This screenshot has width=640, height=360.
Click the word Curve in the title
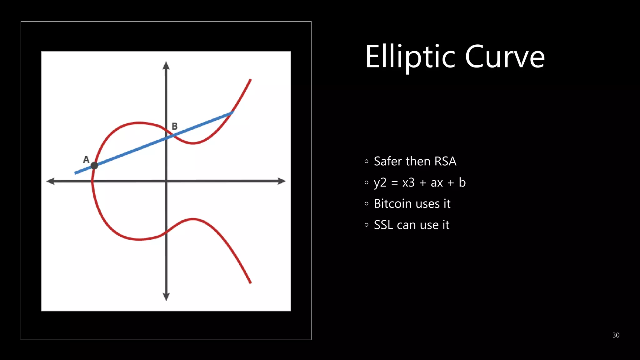pos(505,57)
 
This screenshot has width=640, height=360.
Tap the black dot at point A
pos(94,166)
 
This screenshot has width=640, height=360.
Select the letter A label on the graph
pos(86,160)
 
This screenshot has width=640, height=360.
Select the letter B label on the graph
pos(175,126)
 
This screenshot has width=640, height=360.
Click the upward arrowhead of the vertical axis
pos(166,65)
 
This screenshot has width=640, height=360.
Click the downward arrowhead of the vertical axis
pos(166,297)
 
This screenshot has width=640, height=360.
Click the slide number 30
pos(616,335)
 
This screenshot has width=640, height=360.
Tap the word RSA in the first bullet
pos(445,161)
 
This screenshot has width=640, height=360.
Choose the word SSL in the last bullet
pos(383,225)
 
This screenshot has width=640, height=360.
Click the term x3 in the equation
pos(408,183)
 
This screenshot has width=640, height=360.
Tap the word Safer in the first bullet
pos(388,161)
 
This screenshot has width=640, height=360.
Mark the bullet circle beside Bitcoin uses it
pos(367,204)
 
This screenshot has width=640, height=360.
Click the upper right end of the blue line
pos(232,113)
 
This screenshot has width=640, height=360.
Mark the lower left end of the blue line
pos(75,173)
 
